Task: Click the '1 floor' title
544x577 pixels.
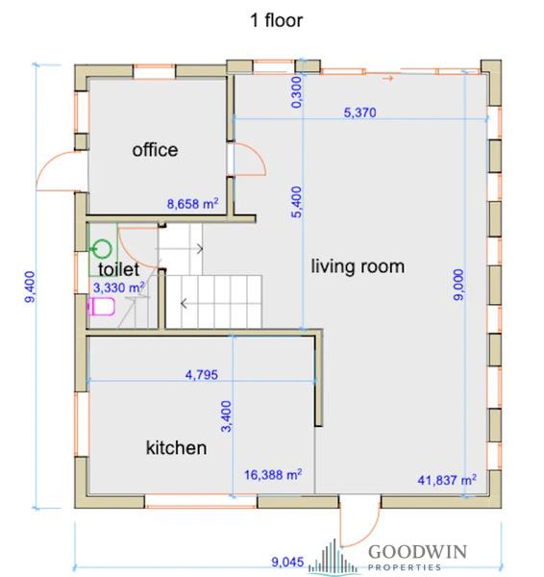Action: coord(276,20)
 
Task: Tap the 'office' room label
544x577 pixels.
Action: coord(155,150)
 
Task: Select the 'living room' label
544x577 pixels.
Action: coord(358,266)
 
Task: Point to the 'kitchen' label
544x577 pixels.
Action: coord(176,447)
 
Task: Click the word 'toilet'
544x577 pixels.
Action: coord(119,269)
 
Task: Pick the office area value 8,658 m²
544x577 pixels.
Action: coord(193,204)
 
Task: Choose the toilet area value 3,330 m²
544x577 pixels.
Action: coord(118,288)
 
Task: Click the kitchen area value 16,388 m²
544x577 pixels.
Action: coord(273,474)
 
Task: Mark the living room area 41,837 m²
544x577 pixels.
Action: coord(447,480)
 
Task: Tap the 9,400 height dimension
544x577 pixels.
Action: coord(30,287)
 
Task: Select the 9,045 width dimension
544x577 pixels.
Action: coord(287,562)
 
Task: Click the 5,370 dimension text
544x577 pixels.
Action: coord(359,113)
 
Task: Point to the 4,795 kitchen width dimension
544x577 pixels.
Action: coord(202,375)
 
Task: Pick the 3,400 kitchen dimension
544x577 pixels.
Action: coord(226,416)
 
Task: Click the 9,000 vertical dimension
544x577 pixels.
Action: coord(458,285)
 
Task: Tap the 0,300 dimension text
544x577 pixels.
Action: coord(296,92)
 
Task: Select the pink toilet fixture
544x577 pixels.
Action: coord(101,307)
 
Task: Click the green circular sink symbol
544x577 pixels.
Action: coord(102,249)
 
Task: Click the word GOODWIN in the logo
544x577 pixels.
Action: coord(417,552)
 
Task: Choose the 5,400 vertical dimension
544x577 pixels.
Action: coord(296,202)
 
